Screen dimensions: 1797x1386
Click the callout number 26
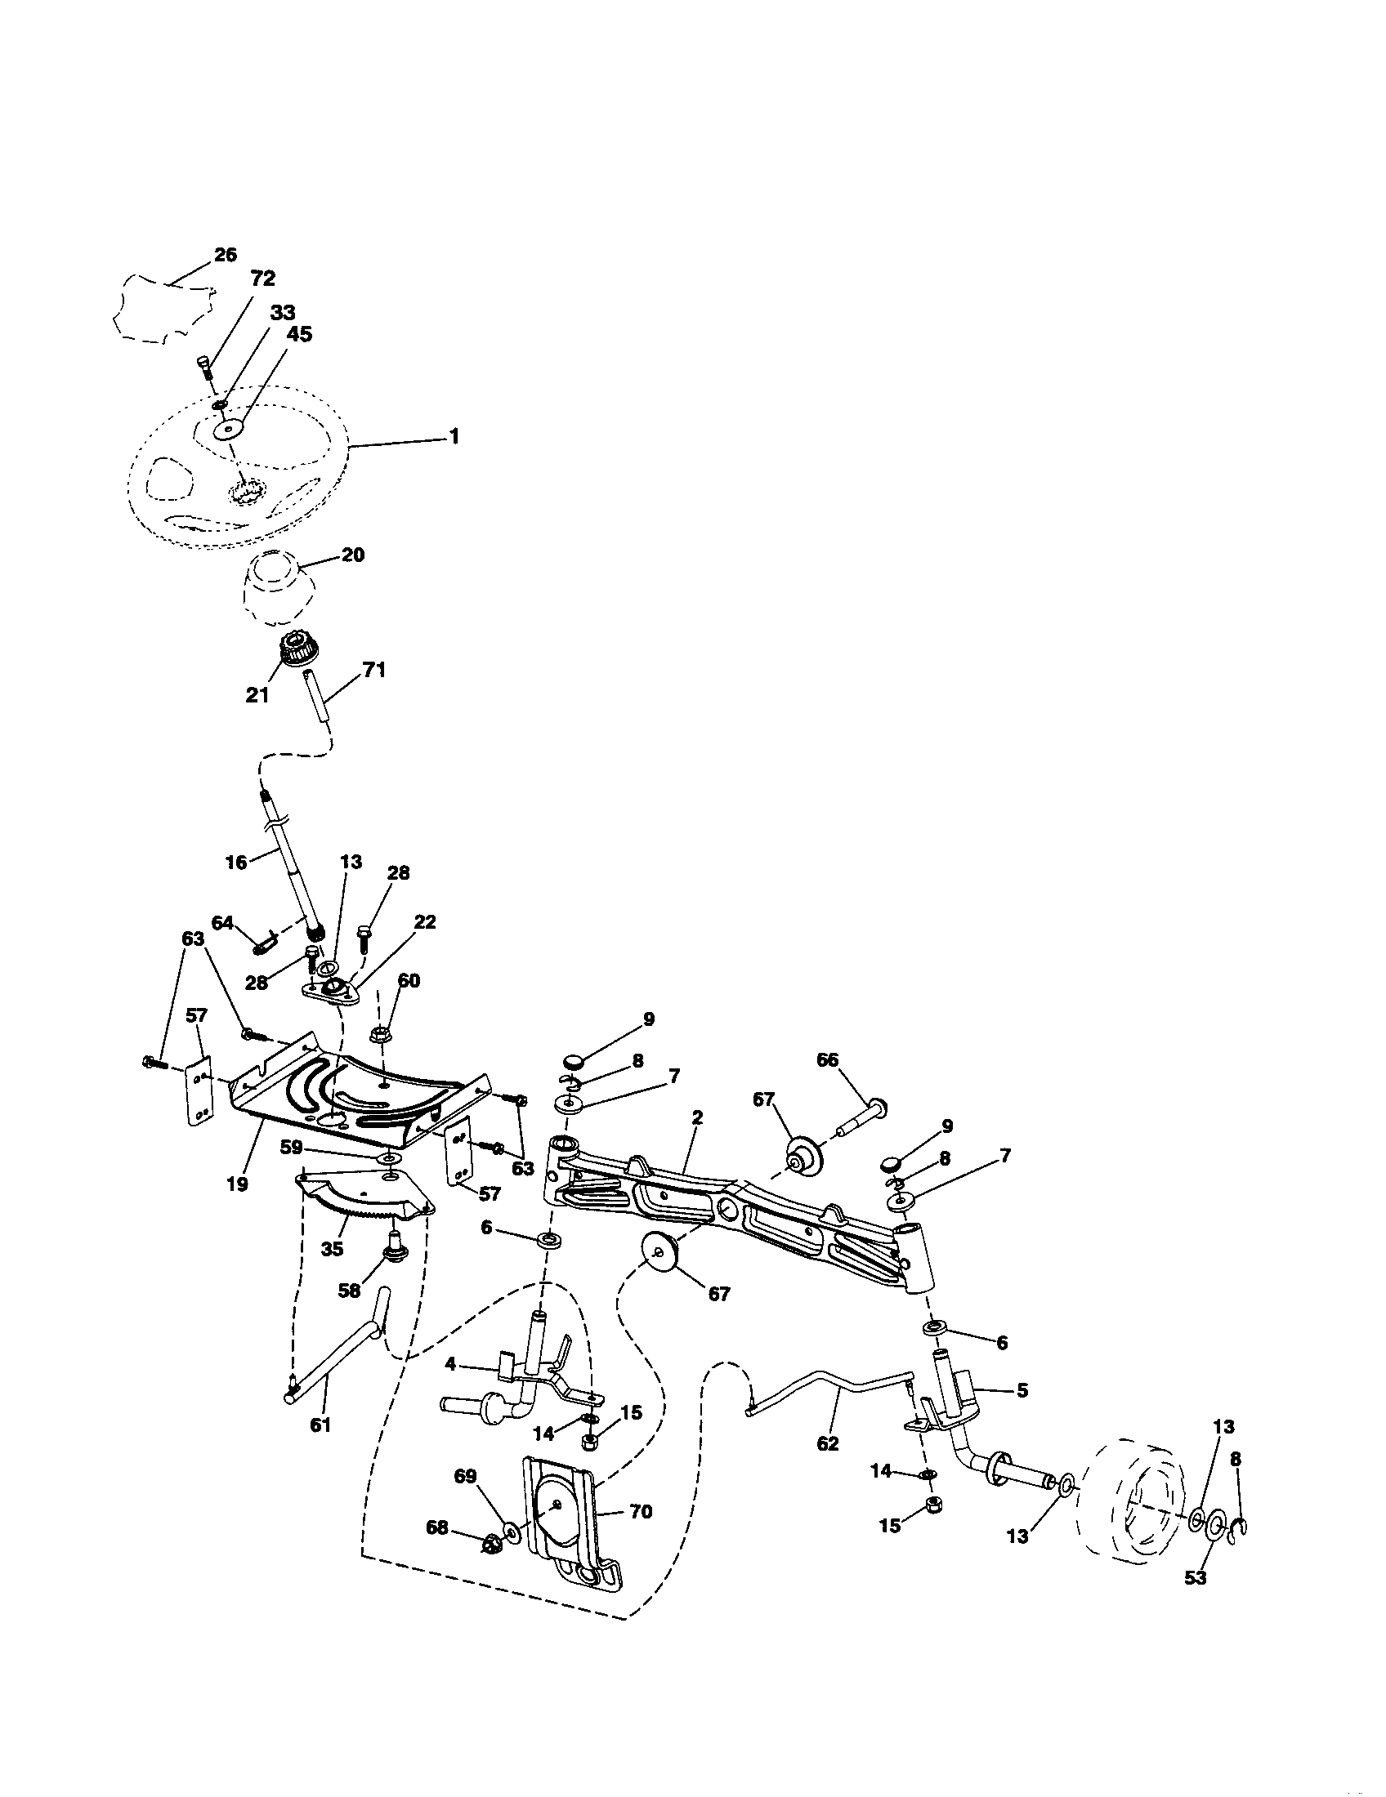[x=225, y=254]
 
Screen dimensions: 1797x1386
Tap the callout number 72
[x=262, y=278]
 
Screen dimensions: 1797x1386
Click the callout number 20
[x=352, y=555]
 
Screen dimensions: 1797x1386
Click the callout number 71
[x=373, y=670]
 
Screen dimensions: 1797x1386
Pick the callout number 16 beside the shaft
[x=236, y=863]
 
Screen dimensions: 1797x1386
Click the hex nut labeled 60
[x=381, y=1032]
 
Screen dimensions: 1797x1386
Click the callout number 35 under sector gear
[x=332, y=1248]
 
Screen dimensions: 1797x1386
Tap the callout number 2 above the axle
[x=697, y=1117]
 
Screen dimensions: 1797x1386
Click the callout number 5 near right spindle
[x=1022, y=1389]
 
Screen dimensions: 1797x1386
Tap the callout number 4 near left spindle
[x=450, y=1363]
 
